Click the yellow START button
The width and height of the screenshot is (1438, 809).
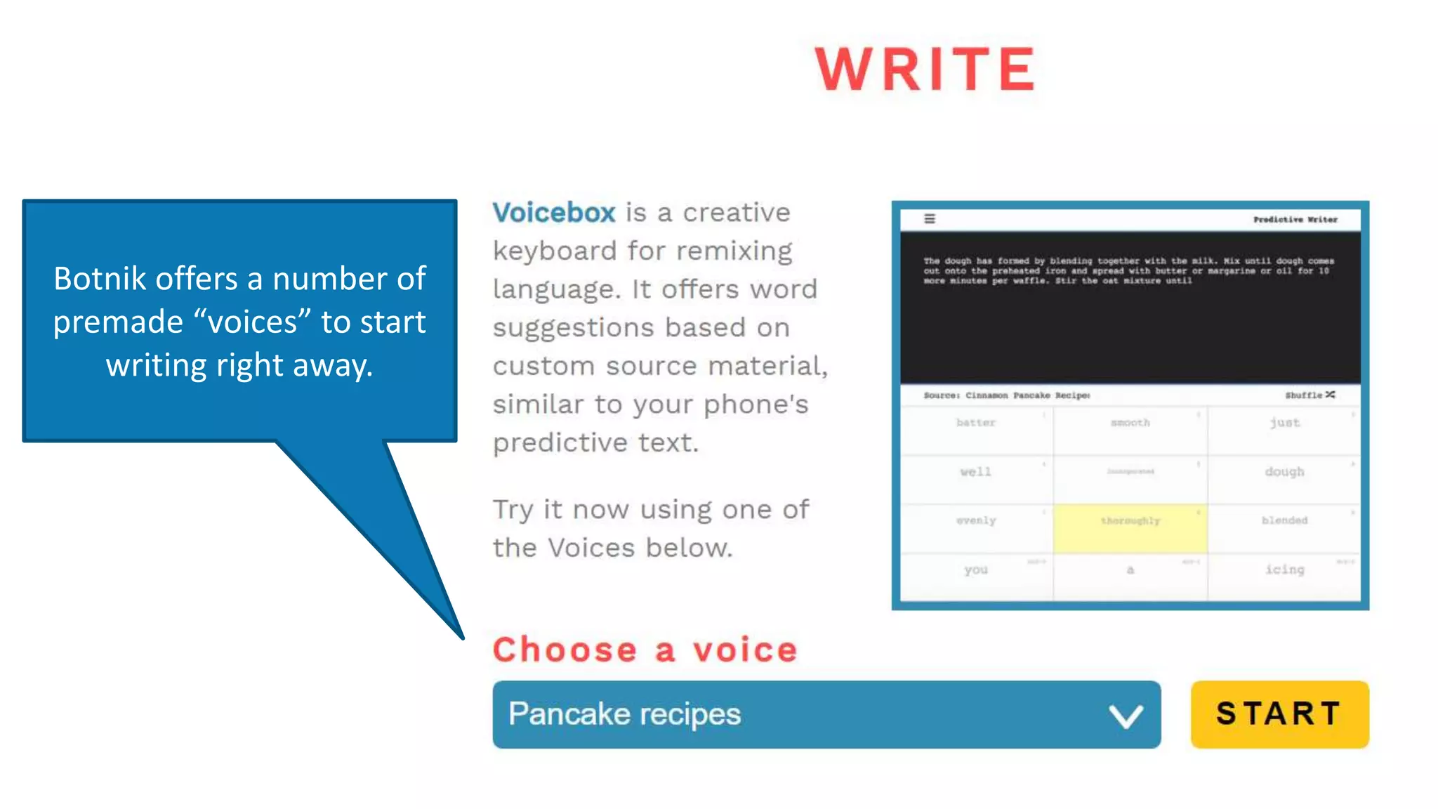coord(1279,713)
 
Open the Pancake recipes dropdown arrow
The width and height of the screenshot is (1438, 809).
coord(1126,716)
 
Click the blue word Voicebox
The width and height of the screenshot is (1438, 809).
coord(554,212)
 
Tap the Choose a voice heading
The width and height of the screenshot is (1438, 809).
coord(645,649)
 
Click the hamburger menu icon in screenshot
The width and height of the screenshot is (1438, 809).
coord(930,219)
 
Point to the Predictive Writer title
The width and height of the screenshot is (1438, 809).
coord(1295,220)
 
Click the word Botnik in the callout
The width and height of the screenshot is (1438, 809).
coord(100,279)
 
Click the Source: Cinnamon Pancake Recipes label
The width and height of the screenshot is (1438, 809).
coord(1006,395)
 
